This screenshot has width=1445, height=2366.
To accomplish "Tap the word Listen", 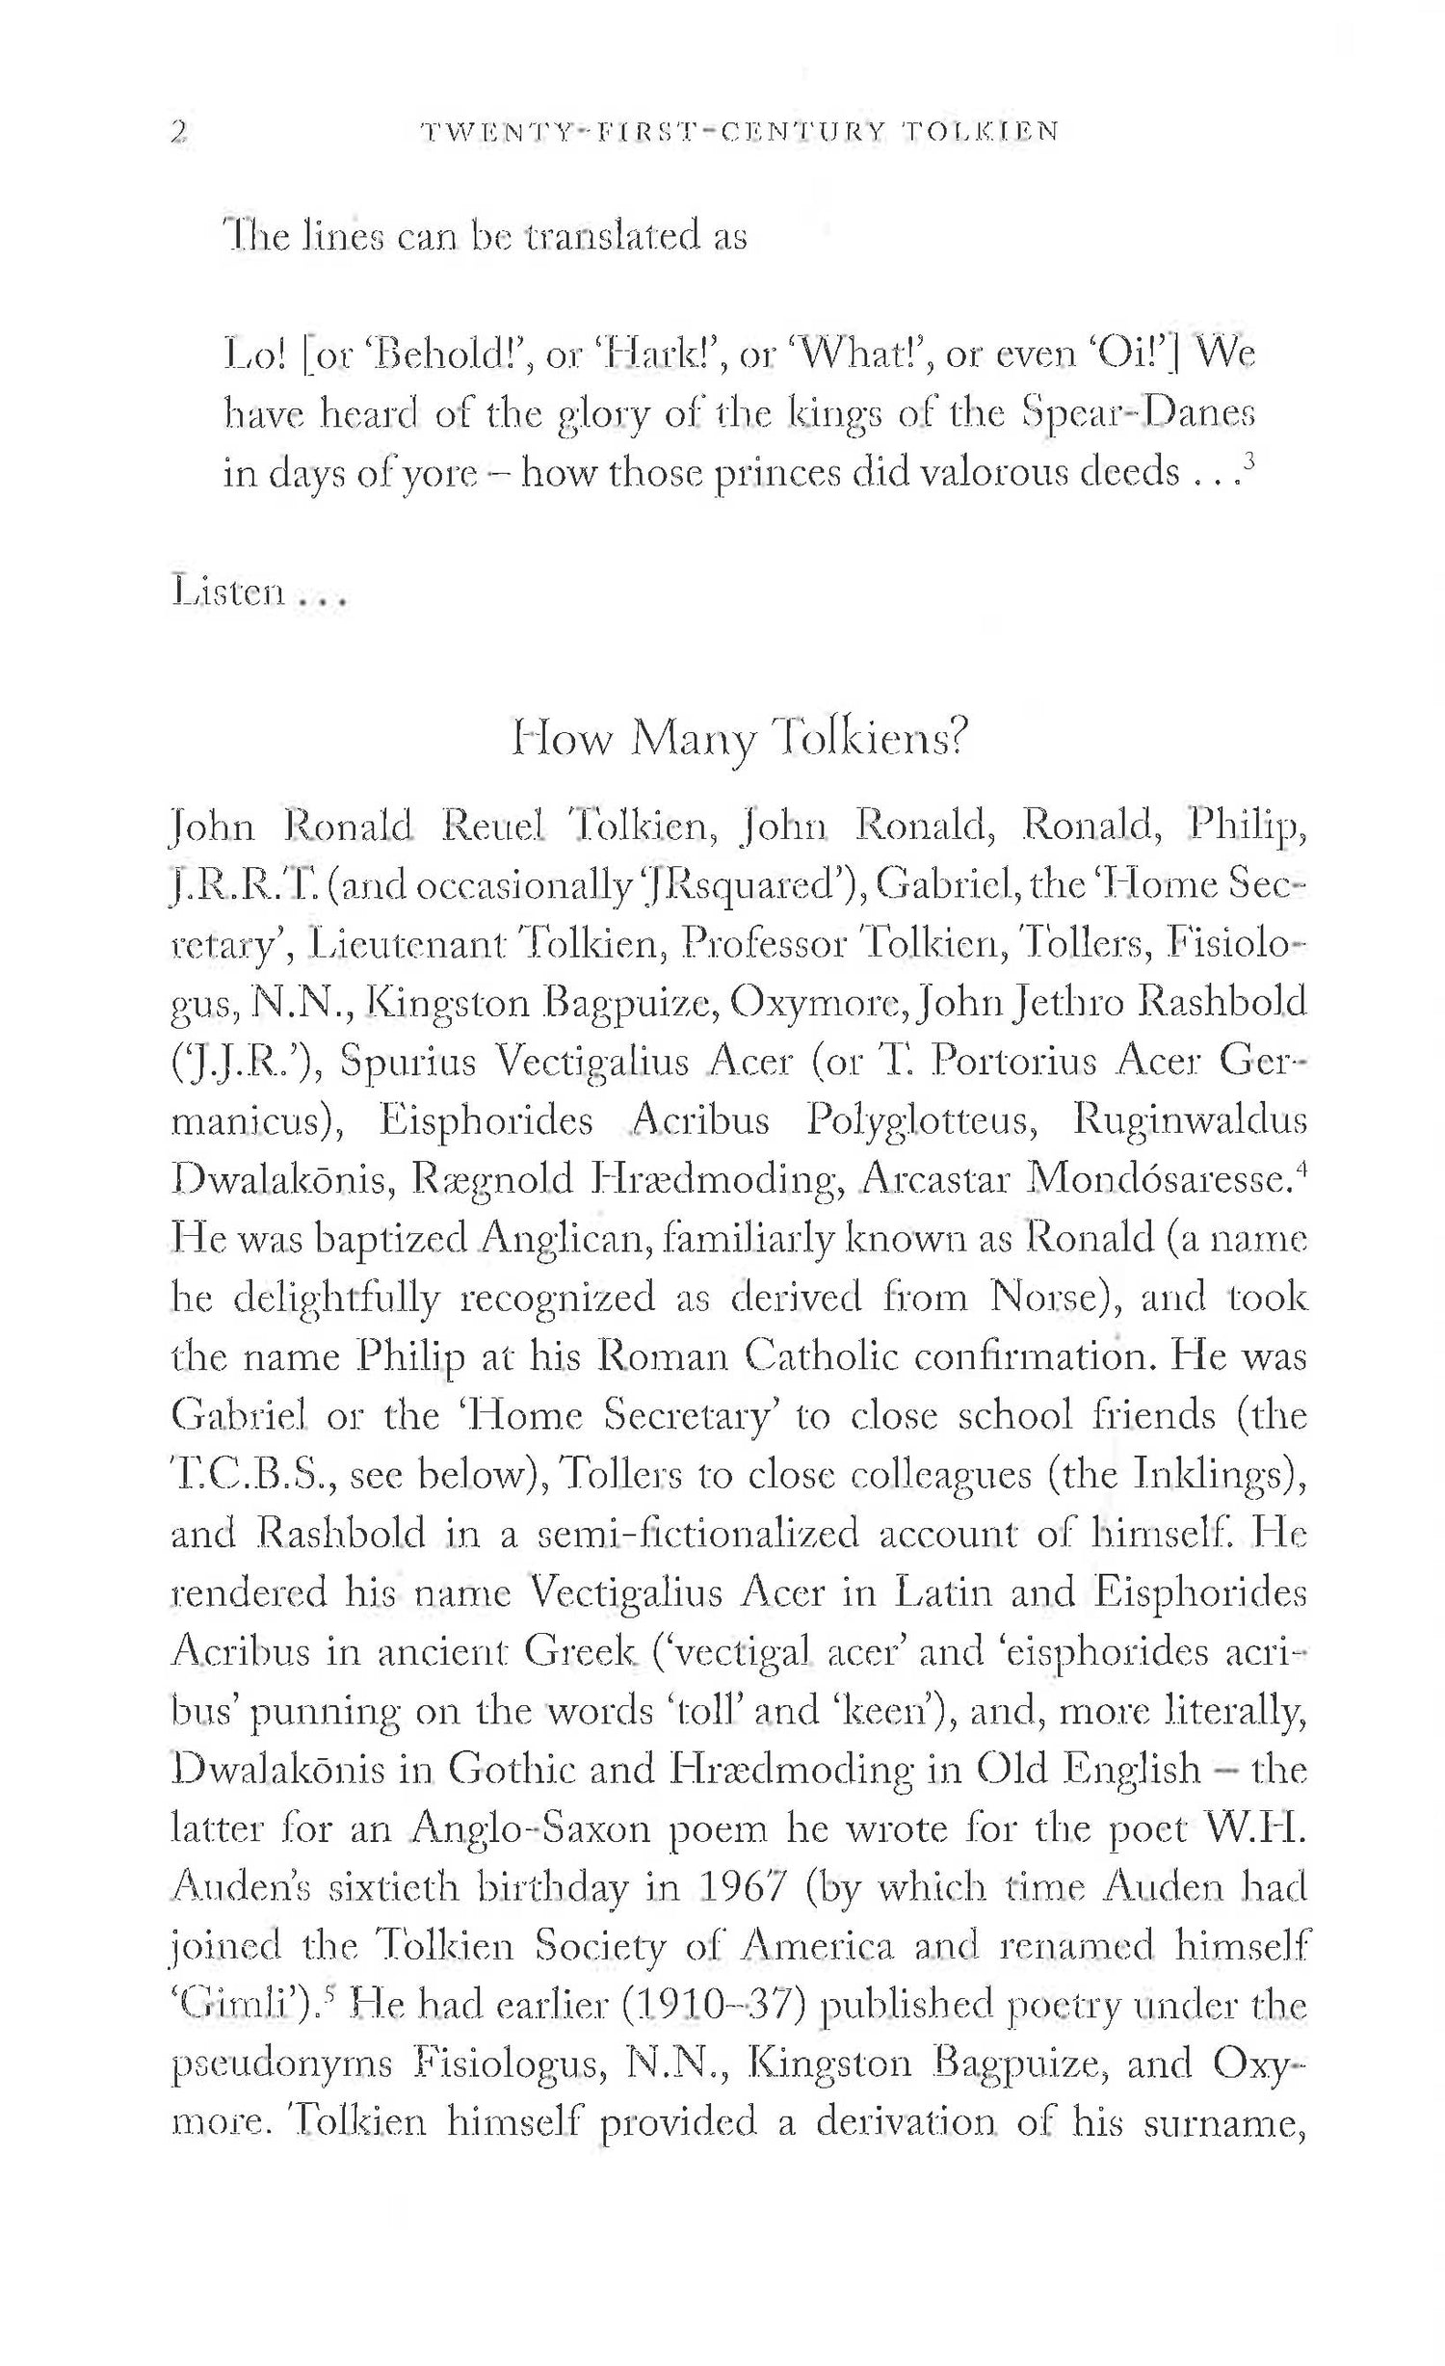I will (228, 591).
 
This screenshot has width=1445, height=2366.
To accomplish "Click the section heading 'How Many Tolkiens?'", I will (738, 740).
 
